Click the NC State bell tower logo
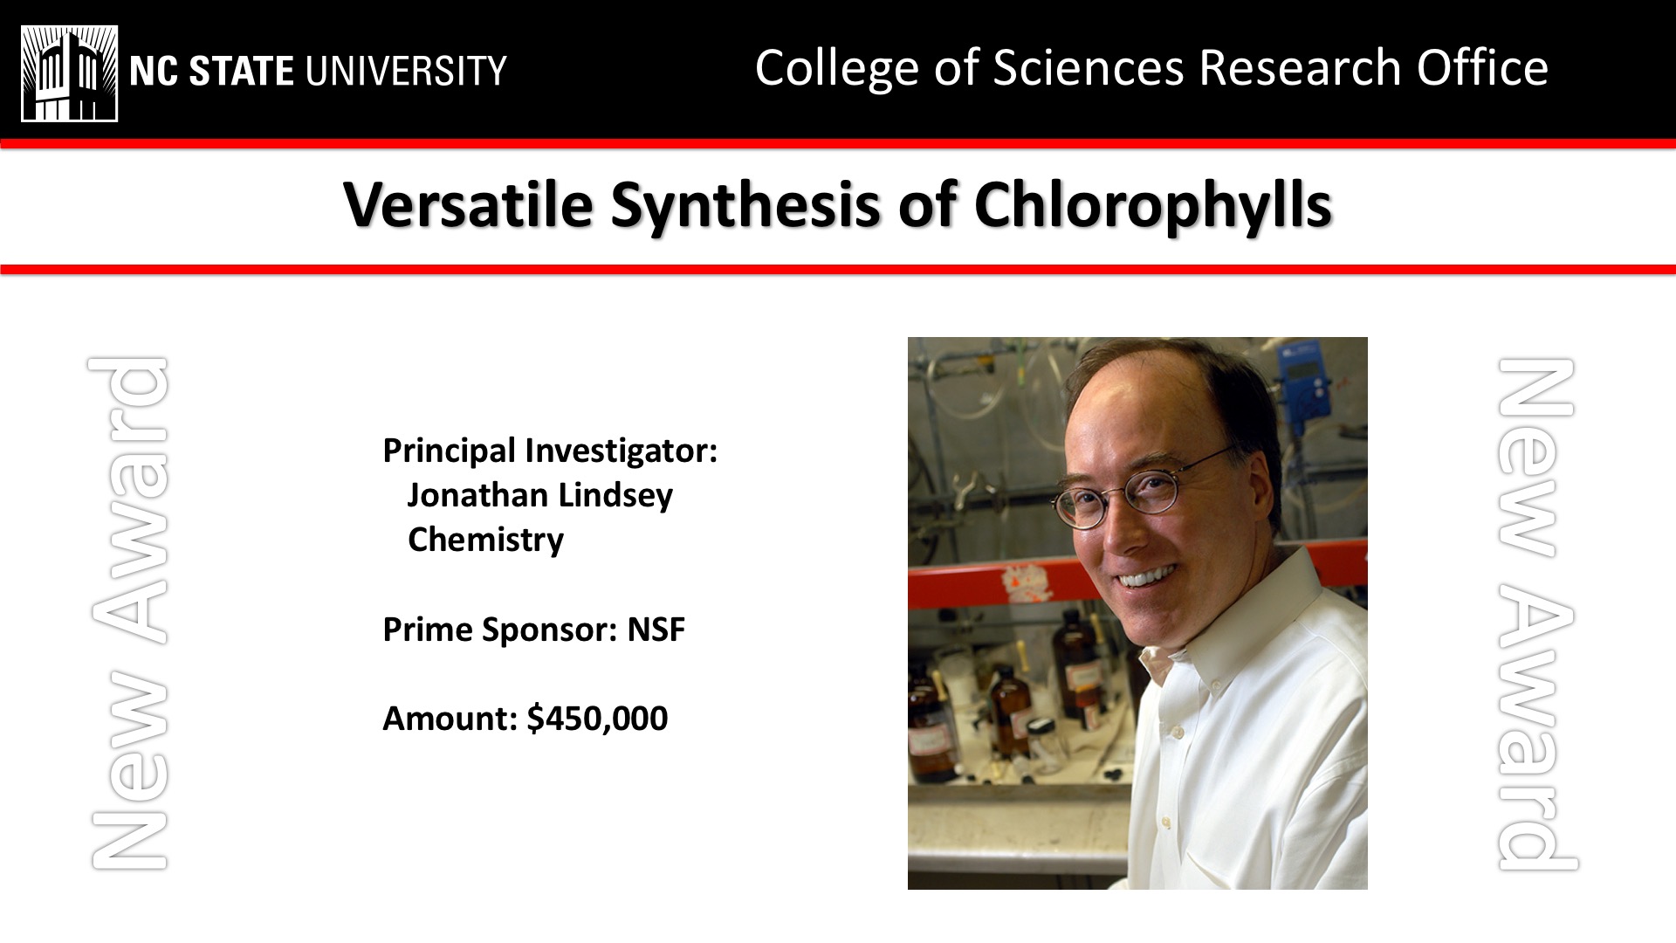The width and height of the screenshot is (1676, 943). [x=69, y=73]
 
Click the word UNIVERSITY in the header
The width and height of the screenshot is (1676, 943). [x=406, y=71]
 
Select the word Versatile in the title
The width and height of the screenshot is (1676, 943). [x=468, y=205]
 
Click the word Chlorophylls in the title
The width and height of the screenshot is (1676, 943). [x=1153, y=207]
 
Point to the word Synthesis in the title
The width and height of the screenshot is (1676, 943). [x=745, y=207]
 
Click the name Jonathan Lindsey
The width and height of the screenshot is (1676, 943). [x=539, y=495]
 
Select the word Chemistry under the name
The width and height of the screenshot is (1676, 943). [x=485, y=540]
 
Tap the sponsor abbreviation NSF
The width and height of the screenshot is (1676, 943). [x=656, y=629]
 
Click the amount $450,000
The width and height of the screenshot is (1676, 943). [x=597, y=719]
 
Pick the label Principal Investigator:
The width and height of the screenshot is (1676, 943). [x=550, y=451]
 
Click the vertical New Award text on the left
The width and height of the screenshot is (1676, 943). [x=129, y=613]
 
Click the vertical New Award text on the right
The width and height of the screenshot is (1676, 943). [x=1536, y=613]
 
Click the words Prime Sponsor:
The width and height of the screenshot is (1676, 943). [x=500, y=630]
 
